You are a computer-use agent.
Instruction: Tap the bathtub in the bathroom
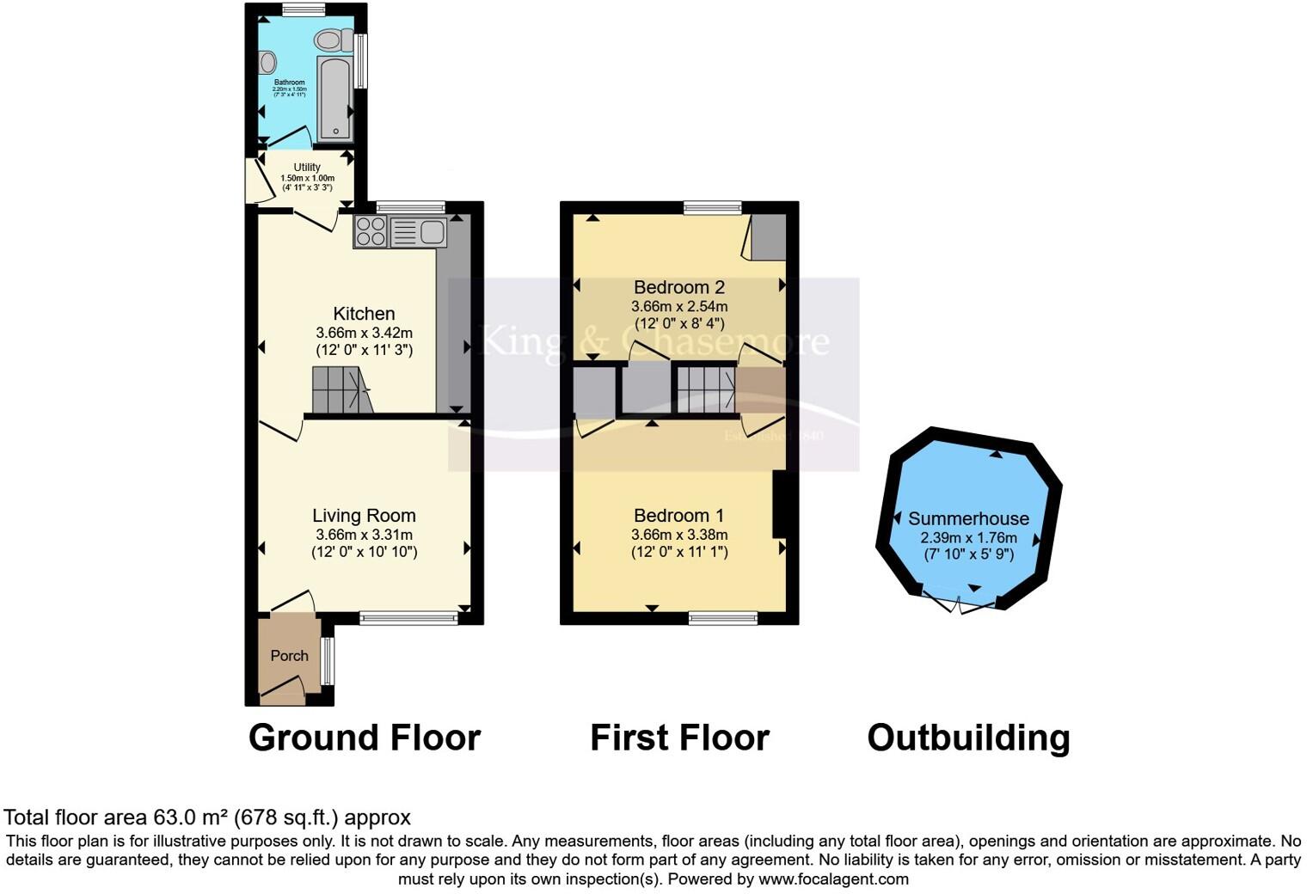click(x=334, y=99)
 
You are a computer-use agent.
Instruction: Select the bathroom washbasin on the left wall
click(x=267, y=62)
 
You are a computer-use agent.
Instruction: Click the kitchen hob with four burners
click(x=371, y=231)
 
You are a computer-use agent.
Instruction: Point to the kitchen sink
click(x=418, y=231)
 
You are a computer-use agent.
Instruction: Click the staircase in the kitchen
click(x=341, y=390)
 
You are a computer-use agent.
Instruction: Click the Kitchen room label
click(x=364, y=314)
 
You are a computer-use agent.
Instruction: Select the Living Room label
click(x=364, y=516)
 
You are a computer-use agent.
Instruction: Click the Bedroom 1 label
click(x=678, y=516)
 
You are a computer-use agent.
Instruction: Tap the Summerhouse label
click(x=968, y=518)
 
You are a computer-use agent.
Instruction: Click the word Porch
click(x=289, y=656)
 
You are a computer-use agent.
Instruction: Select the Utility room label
click(x=307, y=168)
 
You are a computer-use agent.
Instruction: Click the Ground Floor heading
click(x=364, y=738)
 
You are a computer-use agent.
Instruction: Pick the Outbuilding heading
click(x=968, y=738)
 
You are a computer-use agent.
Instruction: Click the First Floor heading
click(x=679, y=738)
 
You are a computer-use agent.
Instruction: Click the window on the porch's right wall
click(x=328, y=661)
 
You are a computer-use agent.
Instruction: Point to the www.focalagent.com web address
click(x=833, y=879)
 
